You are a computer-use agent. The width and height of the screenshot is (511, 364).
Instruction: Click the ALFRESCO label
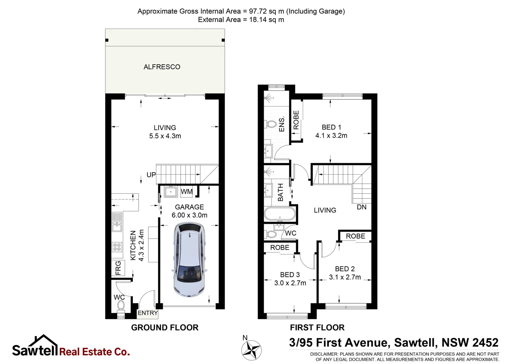162,67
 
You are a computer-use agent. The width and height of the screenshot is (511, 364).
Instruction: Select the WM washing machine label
187,192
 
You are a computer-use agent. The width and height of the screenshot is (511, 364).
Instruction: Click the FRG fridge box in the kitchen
118,268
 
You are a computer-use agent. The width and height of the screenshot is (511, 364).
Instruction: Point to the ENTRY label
148,313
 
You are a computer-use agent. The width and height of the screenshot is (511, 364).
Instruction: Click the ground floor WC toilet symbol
121,306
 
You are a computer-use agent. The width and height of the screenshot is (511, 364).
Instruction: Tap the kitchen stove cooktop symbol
117,247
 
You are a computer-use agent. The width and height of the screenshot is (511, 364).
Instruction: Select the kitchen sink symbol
117,222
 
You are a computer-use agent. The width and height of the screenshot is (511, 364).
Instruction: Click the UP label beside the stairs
151,175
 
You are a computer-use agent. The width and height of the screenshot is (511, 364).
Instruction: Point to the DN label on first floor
362,207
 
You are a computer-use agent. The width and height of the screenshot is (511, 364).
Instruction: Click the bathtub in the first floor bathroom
280,214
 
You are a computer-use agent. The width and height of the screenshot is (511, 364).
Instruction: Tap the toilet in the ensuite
271,124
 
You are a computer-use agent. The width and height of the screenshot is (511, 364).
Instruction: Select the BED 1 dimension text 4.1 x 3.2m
331,135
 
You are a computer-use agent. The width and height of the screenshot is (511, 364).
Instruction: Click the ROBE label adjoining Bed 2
355,236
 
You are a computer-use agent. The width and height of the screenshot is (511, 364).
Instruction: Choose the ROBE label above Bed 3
280,247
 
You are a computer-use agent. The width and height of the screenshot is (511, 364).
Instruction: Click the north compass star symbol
251,350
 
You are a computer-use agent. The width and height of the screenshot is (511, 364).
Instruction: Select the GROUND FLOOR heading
165,328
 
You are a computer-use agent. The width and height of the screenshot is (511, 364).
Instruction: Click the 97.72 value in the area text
258,11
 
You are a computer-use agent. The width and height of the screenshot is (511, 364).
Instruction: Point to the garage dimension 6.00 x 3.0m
189,215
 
